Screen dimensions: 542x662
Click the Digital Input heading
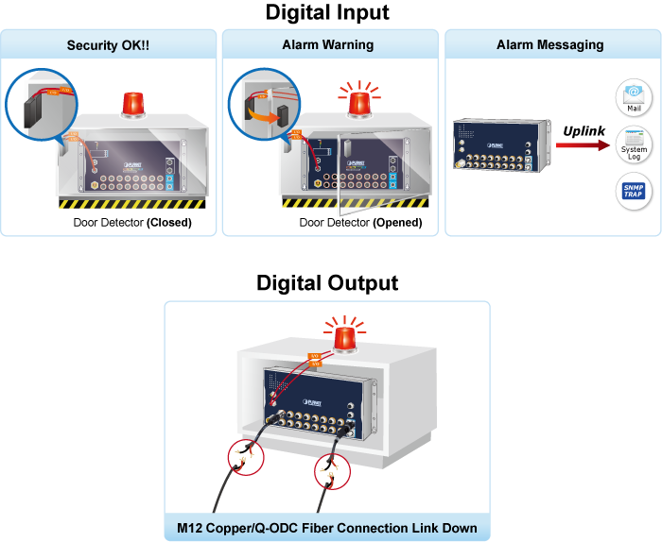tap(327, 13)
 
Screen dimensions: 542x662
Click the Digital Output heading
tap(327, 283)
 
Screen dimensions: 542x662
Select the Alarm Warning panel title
tap(327, 45)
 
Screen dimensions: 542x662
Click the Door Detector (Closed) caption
tap(132, 224)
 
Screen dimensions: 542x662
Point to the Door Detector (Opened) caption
tap(360, 224)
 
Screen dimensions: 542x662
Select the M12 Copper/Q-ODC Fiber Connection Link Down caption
tap(327, 527)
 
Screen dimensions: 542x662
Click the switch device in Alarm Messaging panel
tap(495, 146)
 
